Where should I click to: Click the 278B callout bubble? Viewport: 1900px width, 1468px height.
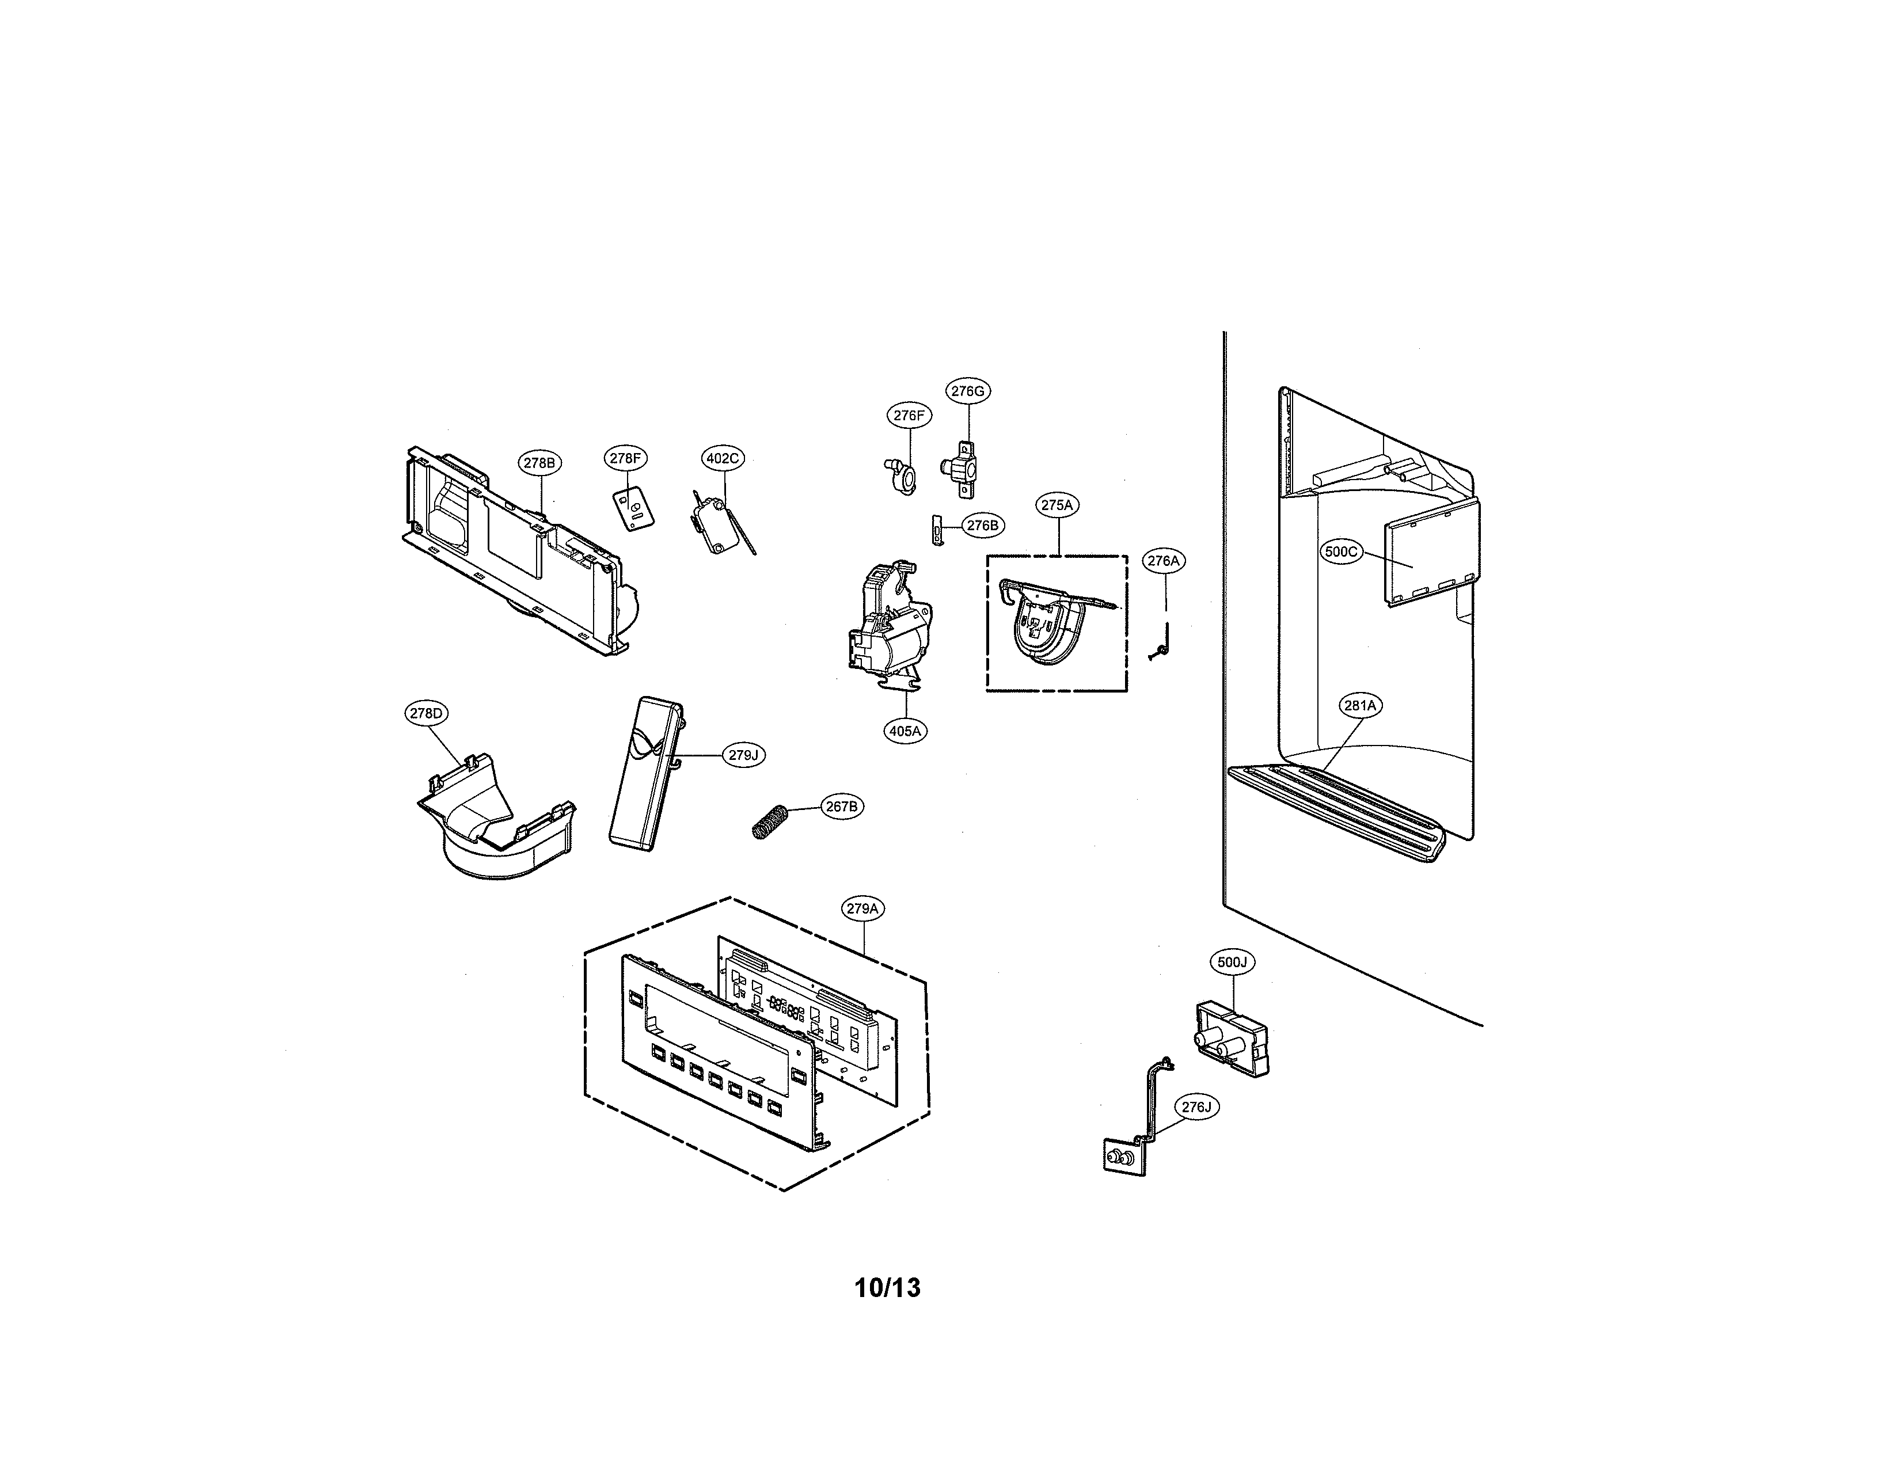(538, 463)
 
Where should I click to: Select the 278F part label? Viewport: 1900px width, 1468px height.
(625, 458)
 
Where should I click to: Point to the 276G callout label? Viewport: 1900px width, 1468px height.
(967, 391)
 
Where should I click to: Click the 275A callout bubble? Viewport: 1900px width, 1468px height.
(1057, 504)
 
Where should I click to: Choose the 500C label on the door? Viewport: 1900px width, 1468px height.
(1340, 552)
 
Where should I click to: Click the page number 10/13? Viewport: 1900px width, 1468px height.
(887, 1287)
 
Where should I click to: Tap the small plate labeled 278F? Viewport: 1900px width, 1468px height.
(634, 508)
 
